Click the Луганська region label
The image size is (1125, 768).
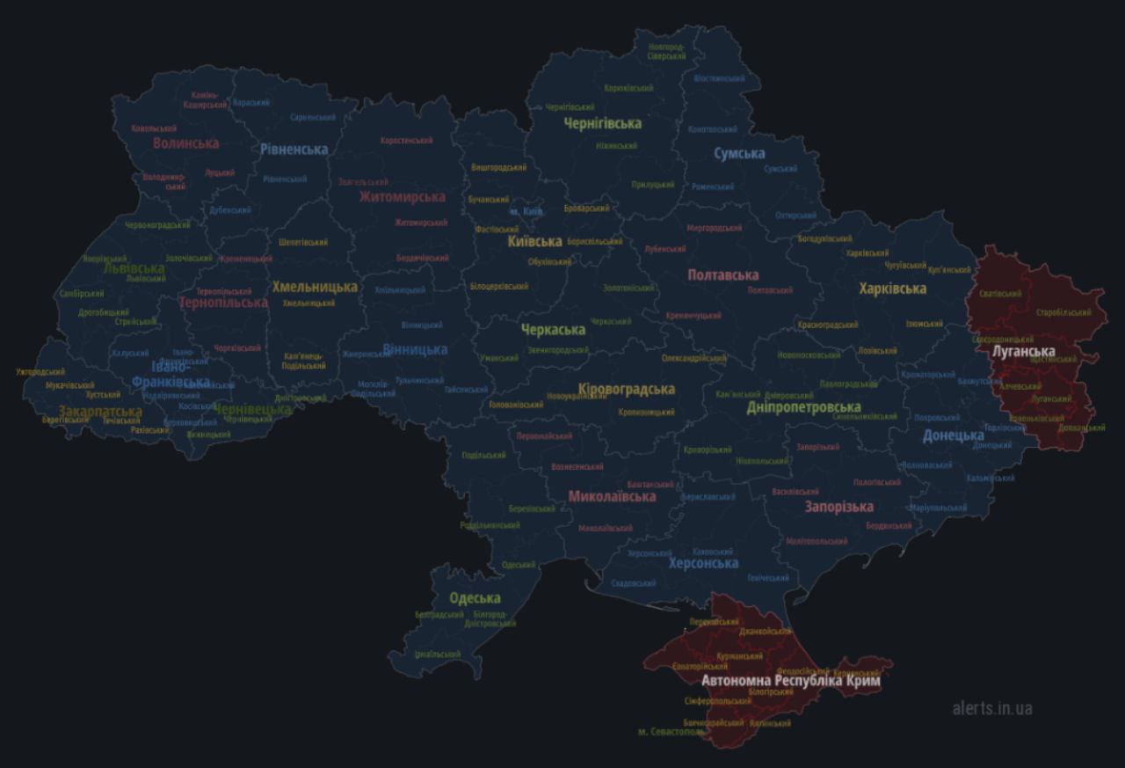(1023, 351)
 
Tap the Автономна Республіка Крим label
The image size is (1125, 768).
(790, 681)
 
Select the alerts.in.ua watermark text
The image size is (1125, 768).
(992, 708)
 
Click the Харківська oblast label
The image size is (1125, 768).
(892, 289)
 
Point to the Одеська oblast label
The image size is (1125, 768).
(475, 598)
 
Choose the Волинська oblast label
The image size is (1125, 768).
(185, 143)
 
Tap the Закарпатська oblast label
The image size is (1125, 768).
(100, 411)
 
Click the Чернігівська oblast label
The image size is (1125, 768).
(602, 123)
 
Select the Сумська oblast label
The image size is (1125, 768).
(738, 154)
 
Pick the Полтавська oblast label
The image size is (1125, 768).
(722, 275)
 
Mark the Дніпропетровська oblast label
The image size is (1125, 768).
(803, 407)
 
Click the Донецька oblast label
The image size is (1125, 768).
(953, 435)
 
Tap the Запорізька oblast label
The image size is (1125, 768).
(838, 507)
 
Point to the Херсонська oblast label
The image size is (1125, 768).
(703, 563)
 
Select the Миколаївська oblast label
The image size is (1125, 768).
(612, 496)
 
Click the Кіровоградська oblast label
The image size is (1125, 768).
(627, 389)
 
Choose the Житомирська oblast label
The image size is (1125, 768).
(402, 197)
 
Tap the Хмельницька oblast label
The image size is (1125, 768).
(315, 287)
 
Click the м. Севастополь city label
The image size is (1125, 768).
(671, 732)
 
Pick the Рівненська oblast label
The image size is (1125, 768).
(294, 150)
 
